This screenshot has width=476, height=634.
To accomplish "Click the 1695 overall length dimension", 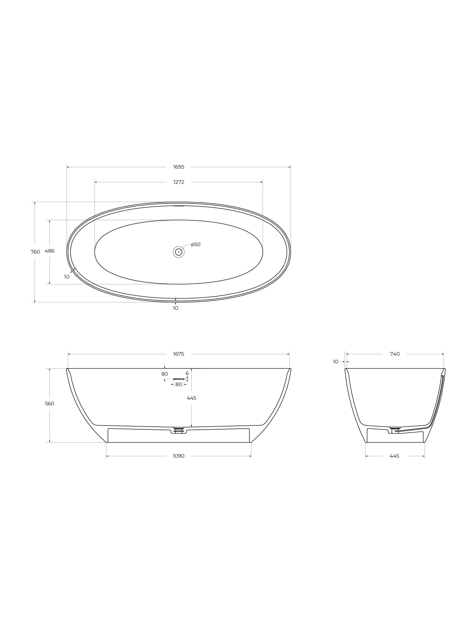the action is tap(179, 167).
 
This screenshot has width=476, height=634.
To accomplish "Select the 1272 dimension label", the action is tap(179, 182).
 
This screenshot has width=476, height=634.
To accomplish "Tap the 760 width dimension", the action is tap(35, 252).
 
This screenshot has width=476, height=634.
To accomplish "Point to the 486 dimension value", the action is tap(50, 251).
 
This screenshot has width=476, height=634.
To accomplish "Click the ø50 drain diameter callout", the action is tap(196, 244).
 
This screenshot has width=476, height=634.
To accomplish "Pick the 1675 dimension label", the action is tap(179, 354).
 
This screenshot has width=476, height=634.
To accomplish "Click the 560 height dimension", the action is tap(50, 404).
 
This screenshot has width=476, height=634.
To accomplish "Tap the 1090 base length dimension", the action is tap(179, 456).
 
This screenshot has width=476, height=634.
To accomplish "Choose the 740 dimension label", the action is tap(395, 354).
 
